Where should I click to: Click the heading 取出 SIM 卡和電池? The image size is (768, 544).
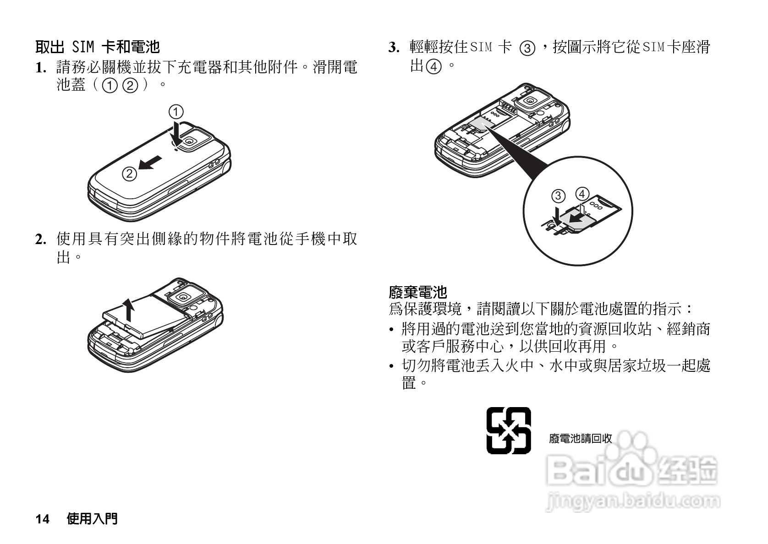(x=97, y=46)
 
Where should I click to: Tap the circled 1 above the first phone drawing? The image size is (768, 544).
(x=176, y=112)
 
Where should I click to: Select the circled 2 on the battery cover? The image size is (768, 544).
(x=130, y=174)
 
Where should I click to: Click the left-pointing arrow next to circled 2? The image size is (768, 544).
(x=150, y=163)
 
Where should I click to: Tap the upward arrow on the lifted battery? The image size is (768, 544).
(x=130, y=310)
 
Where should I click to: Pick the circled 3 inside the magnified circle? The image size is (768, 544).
(x=558, y=196)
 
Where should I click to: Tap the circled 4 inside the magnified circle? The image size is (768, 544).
(x=582, y=194)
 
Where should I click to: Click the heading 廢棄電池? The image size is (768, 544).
(x=417, y=292)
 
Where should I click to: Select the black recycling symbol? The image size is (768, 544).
(x=509, y=430)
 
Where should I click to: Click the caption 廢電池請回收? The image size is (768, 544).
(x=580, y=438)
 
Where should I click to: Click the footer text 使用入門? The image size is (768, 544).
(x=92, y=518)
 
